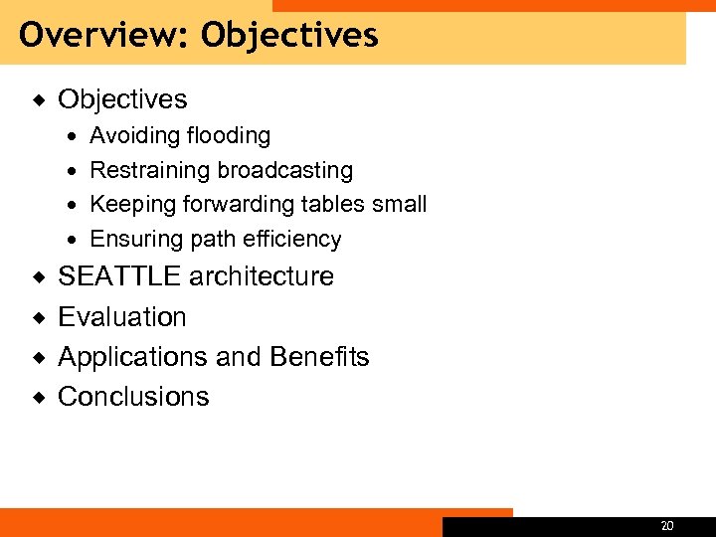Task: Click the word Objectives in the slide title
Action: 289,36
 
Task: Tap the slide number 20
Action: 667,526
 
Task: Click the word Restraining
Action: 150,170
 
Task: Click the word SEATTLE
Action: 120,276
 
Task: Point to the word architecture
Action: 262,276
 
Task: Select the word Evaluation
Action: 122,316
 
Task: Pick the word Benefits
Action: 319,356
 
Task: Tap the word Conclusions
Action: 133,396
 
